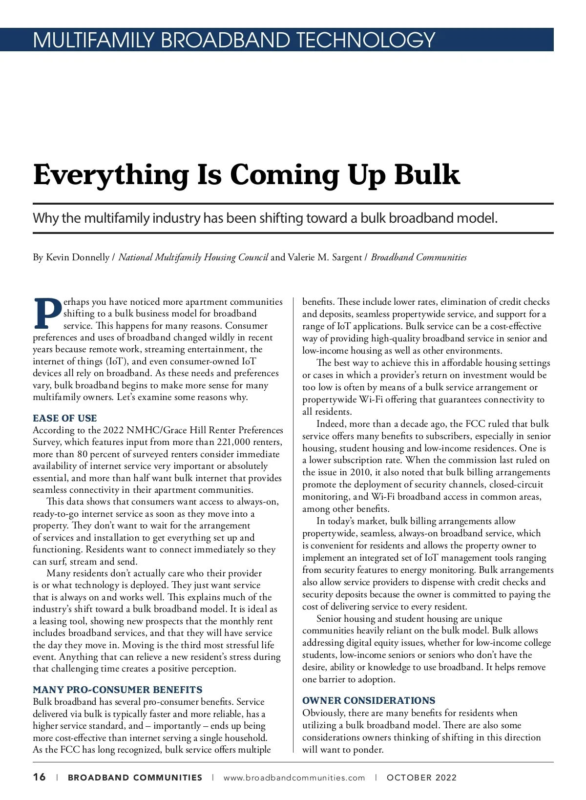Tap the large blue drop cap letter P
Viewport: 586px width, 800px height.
[x=47, y=313]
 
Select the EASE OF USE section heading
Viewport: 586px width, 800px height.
[x=64, y=418]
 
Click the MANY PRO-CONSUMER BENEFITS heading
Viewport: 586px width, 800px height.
[x=117, y=690]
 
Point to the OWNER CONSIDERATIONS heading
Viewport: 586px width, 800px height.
[x=369, y=700]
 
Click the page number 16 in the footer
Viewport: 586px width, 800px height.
[x=39, y=777]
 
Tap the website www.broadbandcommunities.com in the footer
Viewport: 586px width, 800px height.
[x=294, y=778]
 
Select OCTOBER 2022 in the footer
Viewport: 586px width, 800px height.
[x=421, y=778]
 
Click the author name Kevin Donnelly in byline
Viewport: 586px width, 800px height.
[x=77, y=257]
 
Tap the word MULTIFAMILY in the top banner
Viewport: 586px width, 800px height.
[x=93, y=40]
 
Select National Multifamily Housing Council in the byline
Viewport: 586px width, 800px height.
[x=193, y=257]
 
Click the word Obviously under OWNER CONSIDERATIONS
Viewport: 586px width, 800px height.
[x=323, y=713]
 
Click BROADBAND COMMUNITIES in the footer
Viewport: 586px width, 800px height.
[x=135, y=778]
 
